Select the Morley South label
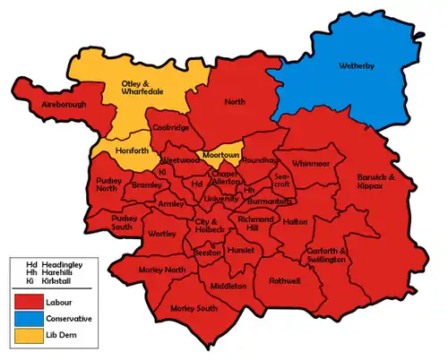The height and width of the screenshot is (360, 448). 194,309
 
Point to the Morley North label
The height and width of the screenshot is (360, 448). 161,270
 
